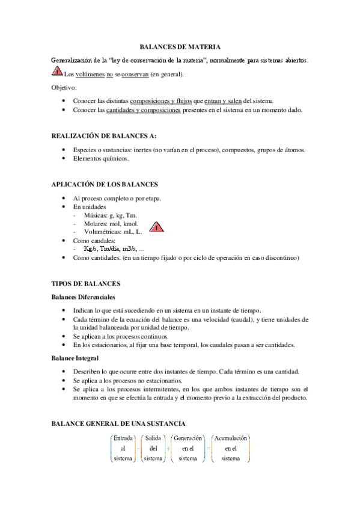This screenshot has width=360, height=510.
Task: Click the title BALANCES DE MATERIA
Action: click(x=180, y=46)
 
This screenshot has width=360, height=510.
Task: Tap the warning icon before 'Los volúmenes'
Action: click(x=56, y=73)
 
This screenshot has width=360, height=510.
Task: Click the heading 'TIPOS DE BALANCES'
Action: click(x=87, y=283)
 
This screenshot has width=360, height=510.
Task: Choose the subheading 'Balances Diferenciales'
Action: click(x=84, y=297)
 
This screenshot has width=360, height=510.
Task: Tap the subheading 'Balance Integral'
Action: click(x=76, y=358)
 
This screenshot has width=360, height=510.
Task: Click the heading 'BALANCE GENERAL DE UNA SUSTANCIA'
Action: click(x=119, y=423)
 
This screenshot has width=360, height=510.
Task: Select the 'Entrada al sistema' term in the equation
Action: click(x=123, y=448)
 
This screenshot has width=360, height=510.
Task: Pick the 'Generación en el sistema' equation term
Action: click(x=187, y=448)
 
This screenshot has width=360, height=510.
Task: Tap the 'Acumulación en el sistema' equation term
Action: click(x=230, y=448)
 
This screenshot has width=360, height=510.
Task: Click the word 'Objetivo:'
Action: click(x=64, y=88)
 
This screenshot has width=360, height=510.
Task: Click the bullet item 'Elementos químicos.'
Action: click(x=101, y=158)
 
